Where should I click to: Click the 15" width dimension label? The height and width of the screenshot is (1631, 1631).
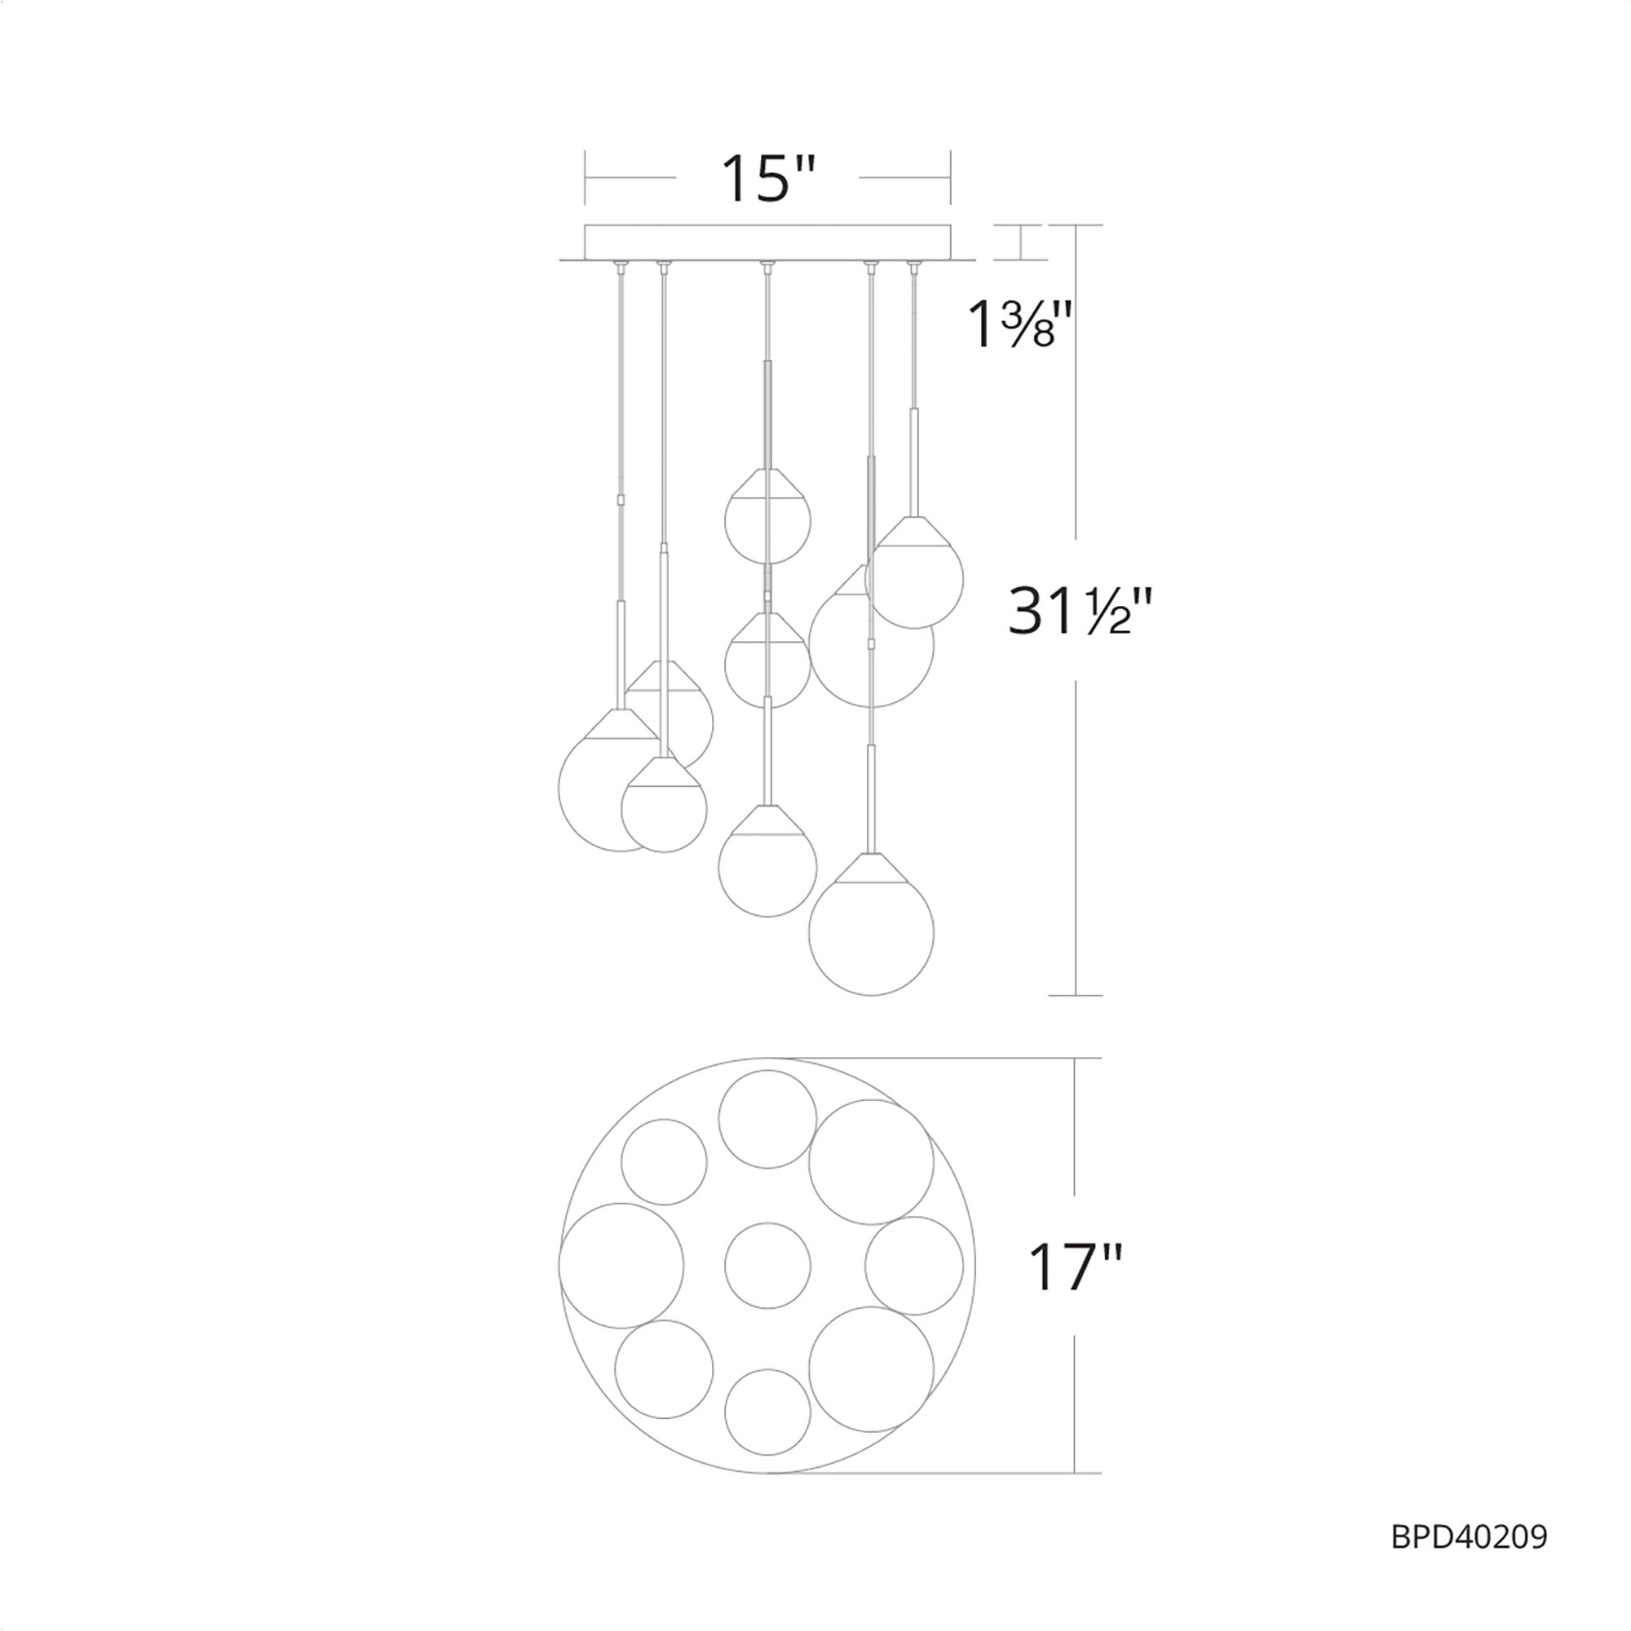767,179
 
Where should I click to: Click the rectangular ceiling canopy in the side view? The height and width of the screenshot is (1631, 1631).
767,241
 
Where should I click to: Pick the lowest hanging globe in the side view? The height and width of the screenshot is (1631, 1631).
871,933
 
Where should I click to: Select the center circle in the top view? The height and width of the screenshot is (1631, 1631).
767,1266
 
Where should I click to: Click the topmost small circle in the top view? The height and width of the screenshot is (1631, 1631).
767,1120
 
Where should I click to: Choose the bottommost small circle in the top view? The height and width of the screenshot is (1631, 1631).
767,1412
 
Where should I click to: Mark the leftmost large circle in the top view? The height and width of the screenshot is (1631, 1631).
621,1266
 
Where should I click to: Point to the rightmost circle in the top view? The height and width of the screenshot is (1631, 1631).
914,1266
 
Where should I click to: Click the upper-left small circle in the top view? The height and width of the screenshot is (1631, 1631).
664,1161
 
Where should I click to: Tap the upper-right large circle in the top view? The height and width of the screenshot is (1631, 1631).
871,1161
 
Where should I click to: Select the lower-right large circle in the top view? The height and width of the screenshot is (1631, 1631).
871,1369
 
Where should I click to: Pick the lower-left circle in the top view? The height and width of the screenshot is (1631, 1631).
664,1369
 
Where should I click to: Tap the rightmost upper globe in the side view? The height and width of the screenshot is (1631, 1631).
914,576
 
